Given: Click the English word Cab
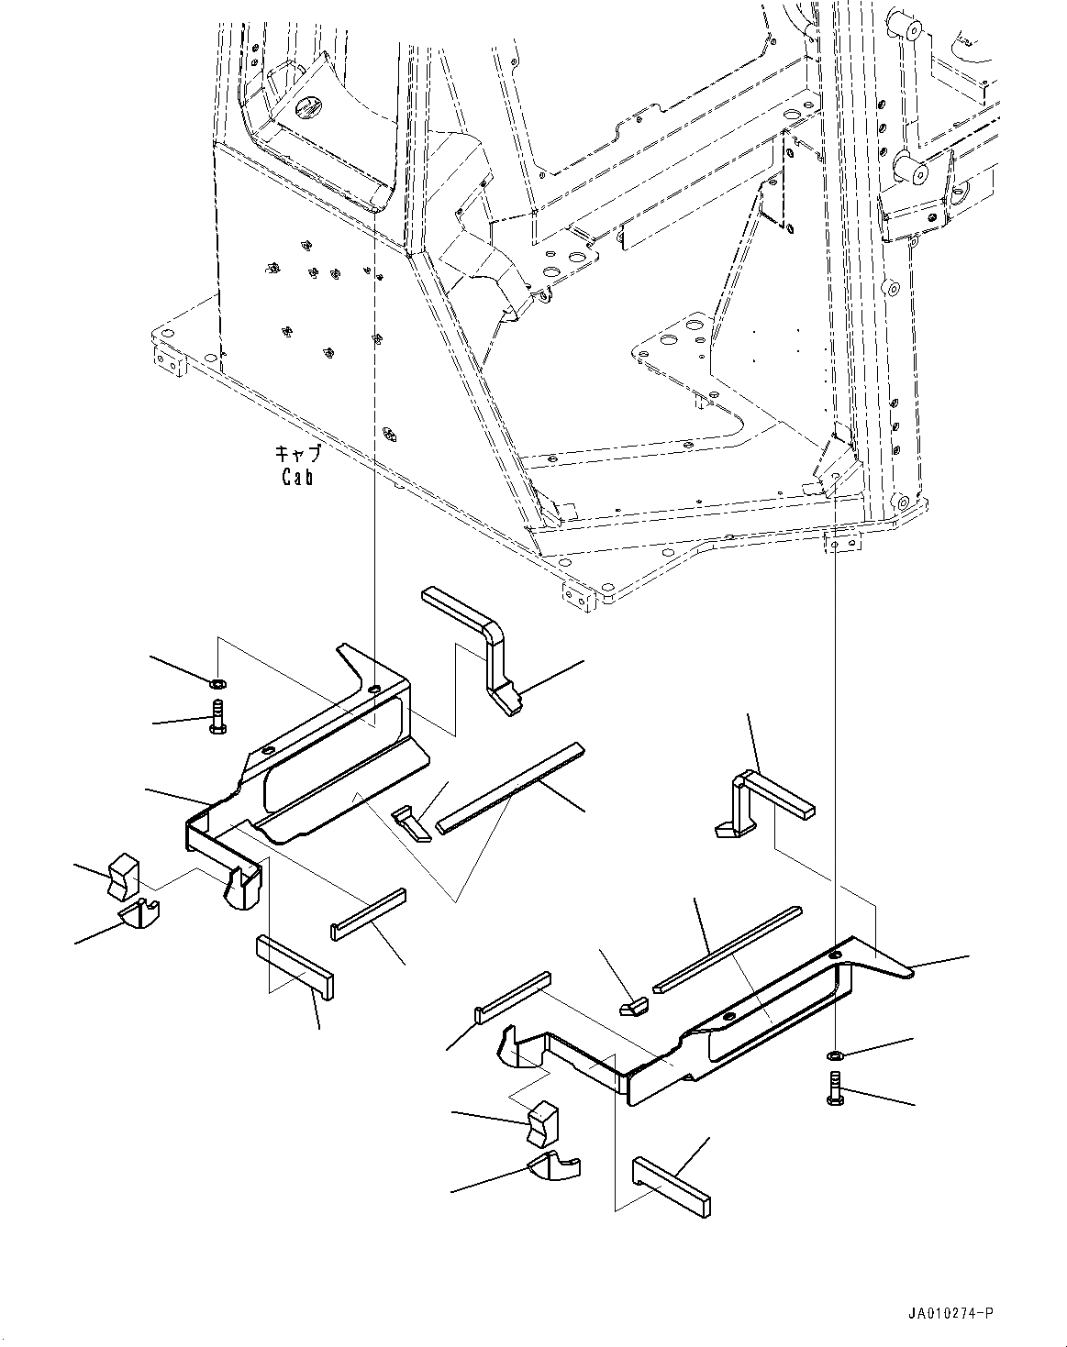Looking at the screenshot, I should tap(297, 477).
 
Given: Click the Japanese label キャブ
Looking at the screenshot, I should tap(298, 454).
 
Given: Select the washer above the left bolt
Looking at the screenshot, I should tap(217, 683).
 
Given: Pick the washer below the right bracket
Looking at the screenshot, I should tap(835, 1055).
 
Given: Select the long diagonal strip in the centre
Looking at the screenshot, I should tap(510, 788).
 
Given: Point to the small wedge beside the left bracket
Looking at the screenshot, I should tap(411, 823).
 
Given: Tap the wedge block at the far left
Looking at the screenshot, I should tap(122, 875).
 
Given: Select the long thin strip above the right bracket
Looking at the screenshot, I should tap(728, 949).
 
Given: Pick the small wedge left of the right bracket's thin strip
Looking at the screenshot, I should tap(633, 1008).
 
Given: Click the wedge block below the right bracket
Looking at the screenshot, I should tap(541, 1124).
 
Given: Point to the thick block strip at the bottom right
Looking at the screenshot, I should tap(671, 1186).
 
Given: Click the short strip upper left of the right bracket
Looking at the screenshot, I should tap(512, 996).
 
